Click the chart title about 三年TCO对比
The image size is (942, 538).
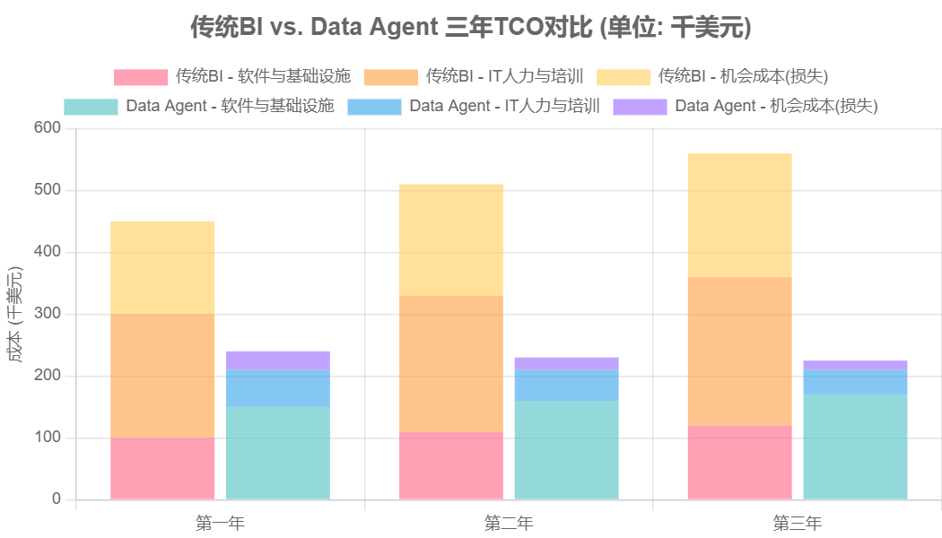click(470, 28)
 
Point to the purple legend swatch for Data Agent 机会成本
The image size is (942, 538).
click(640, 107)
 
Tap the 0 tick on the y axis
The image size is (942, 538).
click(56, 499)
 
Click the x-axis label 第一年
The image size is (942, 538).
click(220, 523)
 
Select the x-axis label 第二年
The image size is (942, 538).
click(509, 523)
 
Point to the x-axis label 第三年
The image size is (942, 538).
click(798, 523)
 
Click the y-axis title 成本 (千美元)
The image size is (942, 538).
click(14, 314)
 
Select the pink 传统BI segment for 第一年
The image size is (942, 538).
click(162, 468)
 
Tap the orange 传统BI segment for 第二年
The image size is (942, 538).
click(451, 363)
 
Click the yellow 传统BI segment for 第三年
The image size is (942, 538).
click(739, 215)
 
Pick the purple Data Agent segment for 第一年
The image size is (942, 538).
click(277, 360)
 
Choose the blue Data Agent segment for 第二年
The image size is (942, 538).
click(566, 386)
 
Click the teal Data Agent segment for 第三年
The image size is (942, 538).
click(855, 447)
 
